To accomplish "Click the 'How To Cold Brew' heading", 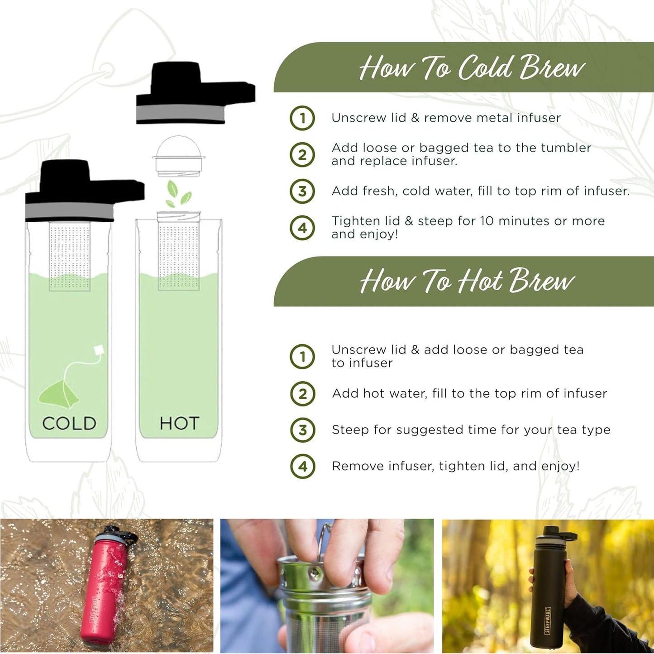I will coord(472,68).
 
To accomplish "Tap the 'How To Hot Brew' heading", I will coord(467,281).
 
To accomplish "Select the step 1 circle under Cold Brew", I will coord(302,118).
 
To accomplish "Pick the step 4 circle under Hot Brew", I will coord(302,466).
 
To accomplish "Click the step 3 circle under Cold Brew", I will coord(302,191).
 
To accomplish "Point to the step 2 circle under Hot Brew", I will coord(302,394).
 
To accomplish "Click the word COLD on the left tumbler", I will coord(69,424).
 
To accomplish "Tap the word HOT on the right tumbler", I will coord(179,424).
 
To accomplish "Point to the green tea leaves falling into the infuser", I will coord(178,193).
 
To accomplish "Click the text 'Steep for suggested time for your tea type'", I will coord(471,430).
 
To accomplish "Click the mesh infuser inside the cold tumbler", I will coord(69,256).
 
